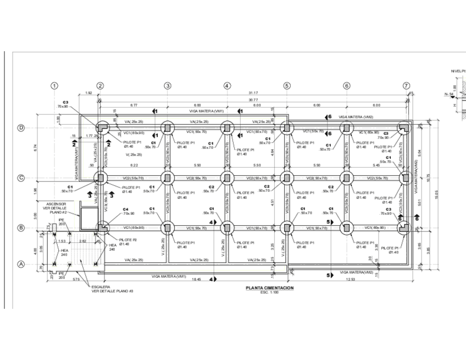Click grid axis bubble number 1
(54, 86)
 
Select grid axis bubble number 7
(406, 86)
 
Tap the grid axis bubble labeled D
(21, 128)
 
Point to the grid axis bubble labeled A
(21, 264)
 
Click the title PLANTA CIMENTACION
(270, 288)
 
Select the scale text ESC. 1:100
(270, 292)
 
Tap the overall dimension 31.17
(253, 93)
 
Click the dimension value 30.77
(253, 99)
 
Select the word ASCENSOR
(56, 203)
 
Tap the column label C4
(125, 209)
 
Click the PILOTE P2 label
(129, 240)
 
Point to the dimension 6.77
(134, 105)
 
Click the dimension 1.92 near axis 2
(89, 93)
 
